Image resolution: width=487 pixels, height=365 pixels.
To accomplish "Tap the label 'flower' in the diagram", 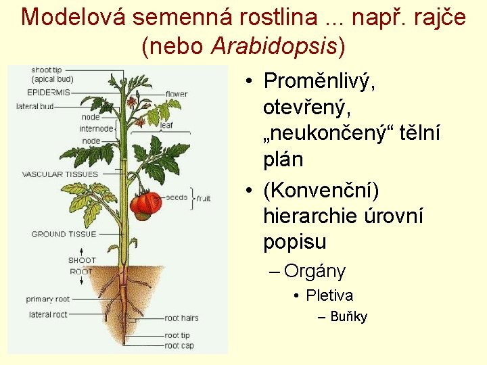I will tap(177, 94).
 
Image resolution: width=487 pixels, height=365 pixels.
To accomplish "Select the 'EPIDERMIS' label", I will tap(48, 93).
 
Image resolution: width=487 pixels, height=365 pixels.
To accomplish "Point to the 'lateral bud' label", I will tap(34, 106).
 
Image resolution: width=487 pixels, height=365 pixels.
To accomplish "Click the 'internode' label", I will tap(96, 128).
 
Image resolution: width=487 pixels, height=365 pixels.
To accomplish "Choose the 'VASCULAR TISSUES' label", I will tap(60, 174).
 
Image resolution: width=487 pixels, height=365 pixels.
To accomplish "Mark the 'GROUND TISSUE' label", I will tap(64, 235).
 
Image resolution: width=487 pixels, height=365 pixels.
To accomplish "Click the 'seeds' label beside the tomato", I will tap(177, 197).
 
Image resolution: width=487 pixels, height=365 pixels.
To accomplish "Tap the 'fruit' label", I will tap(204, 198).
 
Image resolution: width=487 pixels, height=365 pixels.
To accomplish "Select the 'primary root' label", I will tap(47, 299).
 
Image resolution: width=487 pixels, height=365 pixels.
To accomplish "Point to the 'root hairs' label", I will tap(181, 318).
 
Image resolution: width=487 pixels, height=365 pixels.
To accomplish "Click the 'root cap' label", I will tap(179, 345).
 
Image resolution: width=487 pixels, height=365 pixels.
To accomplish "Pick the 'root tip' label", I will tap(177, 335).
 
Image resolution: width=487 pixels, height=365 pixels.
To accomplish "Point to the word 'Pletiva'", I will tap(329, 295).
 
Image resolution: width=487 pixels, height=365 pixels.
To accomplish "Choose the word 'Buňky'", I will tap(348, 317).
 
